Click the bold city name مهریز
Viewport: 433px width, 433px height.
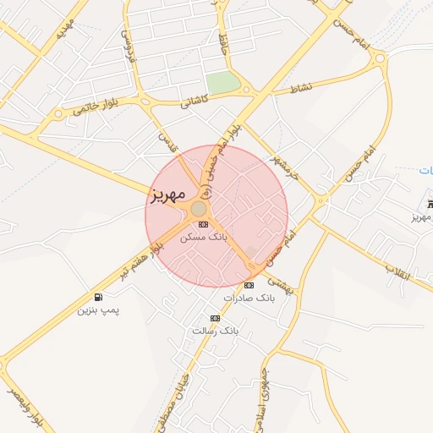click(167, 195)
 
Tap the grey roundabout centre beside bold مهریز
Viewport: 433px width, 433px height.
click(199, 209)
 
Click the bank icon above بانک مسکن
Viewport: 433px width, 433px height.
click(203, 225)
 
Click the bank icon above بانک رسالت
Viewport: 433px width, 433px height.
click(215, 318)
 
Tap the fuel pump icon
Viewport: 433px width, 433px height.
click(100, 297)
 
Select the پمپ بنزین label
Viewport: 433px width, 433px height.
click(99, 310)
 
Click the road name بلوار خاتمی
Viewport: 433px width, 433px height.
click(93, 106)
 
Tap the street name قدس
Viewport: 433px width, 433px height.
click(167, 140)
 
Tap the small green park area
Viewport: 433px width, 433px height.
click(222, 83)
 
